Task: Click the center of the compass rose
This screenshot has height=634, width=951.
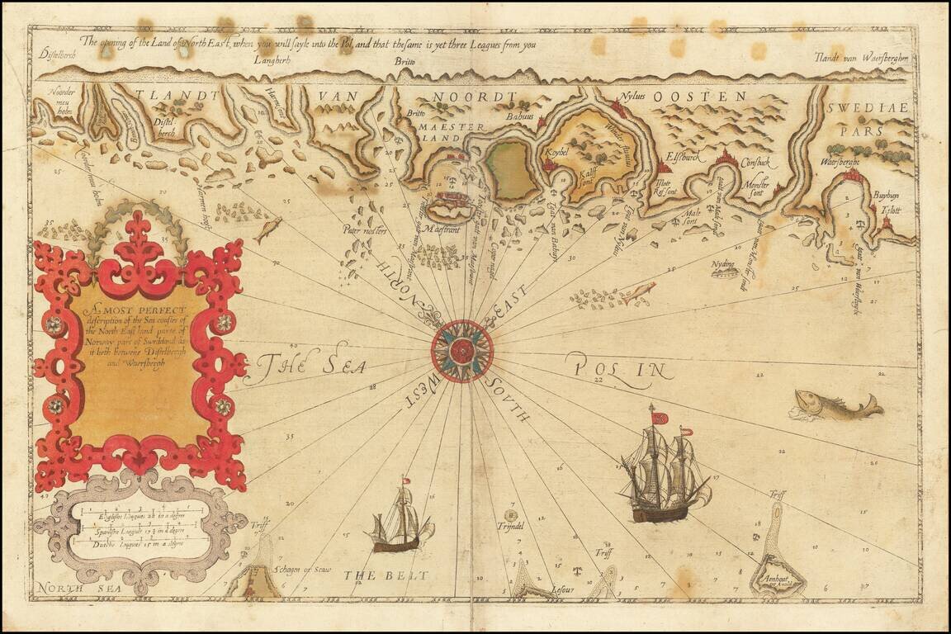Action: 462,351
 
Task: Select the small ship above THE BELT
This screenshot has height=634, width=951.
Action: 402,521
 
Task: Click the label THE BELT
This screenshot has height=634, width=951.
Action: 386,575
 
